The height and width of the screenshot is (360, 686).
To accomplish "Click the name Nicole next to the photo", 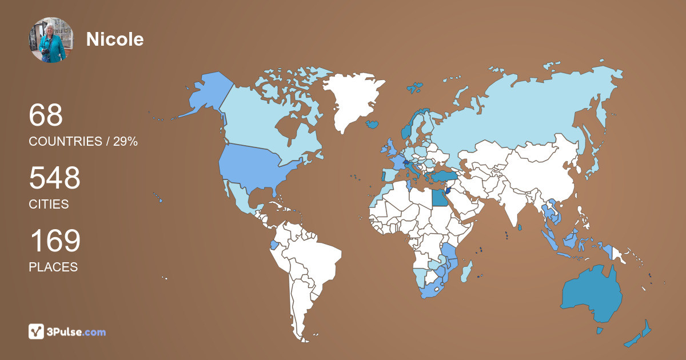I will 115,39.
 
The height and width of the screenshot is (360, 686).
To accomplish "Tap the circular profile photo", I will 51,40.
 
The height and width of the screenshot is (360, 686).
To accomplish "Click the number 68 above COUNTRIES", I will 46,115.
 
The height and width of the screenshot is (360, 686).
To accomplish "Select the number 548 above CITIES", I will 54,178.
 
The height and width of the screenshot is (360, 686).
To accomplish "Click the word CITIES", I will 49,204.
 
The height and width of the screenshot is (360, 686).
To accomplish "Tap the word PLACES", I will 53,267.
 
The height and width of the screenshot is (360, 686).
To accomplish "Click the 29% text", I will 125,142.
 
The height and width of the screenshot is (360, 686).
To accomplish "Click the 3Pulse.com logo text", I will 76,331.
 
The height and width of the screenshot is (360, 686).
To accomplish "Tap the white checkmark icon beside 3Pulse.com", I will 37,331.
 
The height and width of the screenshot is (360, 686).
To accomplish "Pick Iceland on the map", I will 372,123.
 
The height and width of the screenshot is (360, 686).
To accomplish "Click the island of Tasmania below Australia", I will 600,330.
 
